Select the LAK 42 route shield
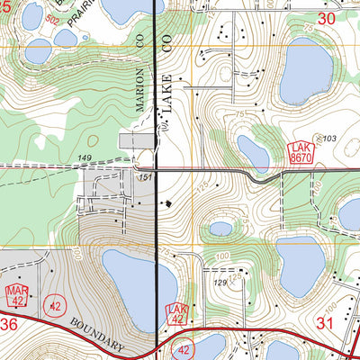pyautogui.click(x=178, y=314)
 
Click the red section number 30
pyautogui.click(x=326, y=17)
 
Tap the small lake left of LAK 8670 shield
pyautogui.click(x=253, y=151)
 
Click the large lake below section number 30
pyautogui.click(x=306, y=72)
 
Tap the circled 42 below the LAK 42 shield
pyautogui.click(x=184, y=349)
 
